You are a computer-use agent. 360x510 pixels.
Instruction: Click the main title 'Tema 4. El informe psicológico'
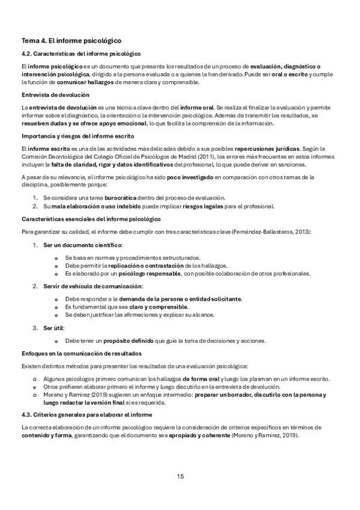coord(72,41)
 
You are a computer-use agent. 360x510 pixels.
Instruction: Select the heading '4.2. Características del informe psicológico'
coord(81,54)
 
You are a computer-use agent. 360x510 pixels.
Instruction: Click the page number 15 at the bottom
coord(180,476)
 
